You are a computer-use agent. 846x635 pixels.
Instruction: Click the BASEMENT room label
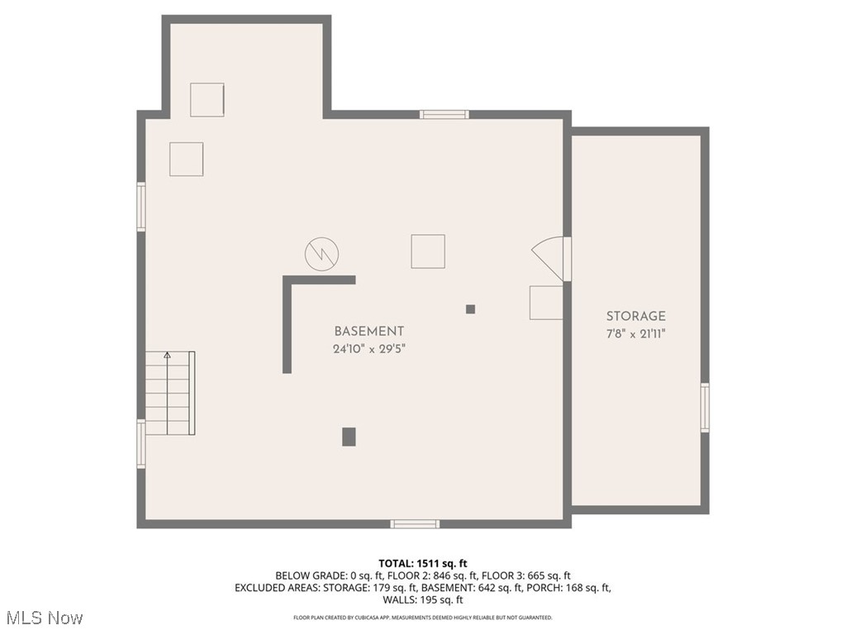click(368, 331)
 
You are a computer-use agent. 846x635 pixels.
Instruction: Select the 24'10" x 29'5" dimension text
click(368, 349)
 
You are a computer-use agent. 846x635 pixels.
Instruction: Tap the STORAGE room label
click(635, 316)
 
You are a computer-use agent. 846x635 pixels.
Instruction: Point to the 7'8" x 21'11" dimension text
click(635, 334)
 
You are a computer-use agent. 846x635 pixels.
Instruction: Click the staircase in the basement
click(171, 394)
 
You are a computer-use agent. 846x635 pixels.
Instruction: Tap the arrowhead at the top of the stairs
click(168, 356)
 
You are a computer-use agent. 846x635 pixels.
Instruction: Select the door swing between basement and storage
click(550, 256)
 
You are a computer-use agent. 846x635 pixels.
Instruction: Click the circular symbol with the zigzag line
click(321, 254)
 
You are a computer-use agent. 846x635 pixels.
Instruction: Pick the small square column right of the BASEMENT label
click(470, 309)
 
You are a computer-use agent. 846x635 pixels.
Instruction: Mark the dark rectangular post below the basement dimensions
click(349, 437)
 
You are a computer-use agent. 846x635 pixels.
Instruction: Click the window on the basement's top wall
click(444, 114)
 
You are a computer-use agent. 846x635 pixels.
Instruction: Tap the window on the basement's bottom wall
click(415, 523)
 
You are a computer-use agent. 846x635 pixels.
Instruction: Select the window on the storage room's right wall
click(705, 407)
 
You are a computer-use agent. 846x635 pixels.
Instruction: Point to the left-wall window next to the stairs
click(141, 444)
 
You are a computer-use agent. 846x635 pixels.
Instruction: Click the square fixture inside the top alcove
click(207, 99)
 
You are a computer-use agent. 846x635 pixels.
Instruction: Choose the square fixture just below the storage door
click(545, 303)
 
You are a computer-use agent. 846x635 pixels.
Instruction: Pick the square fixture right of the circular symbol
click(428, 251)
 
